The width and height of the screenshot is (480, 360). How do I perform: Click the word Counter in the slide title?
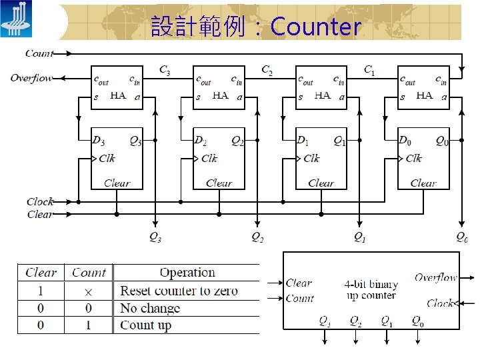(x=316, y=27)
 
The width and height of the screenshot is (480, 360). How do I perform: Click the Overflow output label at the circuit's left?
(x=31, y=79)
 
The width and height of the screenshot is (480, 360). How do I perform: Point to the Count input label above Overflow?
(x=39, y=53)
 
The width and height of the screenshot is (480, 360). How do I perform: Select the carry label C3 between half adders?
(x=165, y=69)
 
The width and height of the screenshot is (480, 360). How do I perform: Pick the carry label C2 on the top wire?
(x=267, y=69)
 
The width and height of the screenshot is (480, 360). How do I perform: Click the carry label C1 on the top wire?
(x=369, y=69)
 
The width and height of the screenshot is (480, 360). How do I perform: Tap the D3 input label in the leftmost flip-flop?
(x=99, y=141)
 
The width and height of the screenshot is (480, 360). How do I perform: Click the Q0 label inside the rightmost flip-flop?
(x=442, y=141)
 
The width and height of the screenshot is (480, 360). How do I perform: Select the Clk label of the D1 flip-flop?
(x=311, y=159)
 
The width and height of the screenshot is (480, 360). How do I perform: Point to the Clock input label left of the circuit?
(x=40, y=201)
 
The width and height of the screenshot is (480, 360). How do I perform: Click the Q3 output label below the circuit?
(x=155, y=237)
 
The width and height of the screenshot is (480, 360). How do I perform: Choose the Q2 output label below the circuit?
(x=257, y=237)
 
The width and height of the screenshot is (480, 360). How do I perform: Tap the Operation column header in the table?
(x=187, y=273)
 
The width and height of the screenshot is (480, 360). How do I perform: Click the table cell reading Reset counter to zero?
(x=179, y=291)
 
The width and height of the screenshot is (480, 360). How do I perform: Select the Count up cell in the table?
(x=145, y=325)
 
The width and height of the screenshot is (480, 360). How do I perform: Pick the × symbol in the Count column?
(x=89, y=291)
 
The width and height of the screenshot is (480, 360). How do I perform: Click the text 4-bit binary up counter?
(x=371, y=290)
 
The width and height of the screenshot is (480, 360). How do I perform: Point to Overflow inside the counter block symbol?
(x=436, y=277)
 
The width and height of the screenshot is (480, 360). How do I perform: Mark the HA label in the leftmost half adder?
(x=118, y=96)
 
